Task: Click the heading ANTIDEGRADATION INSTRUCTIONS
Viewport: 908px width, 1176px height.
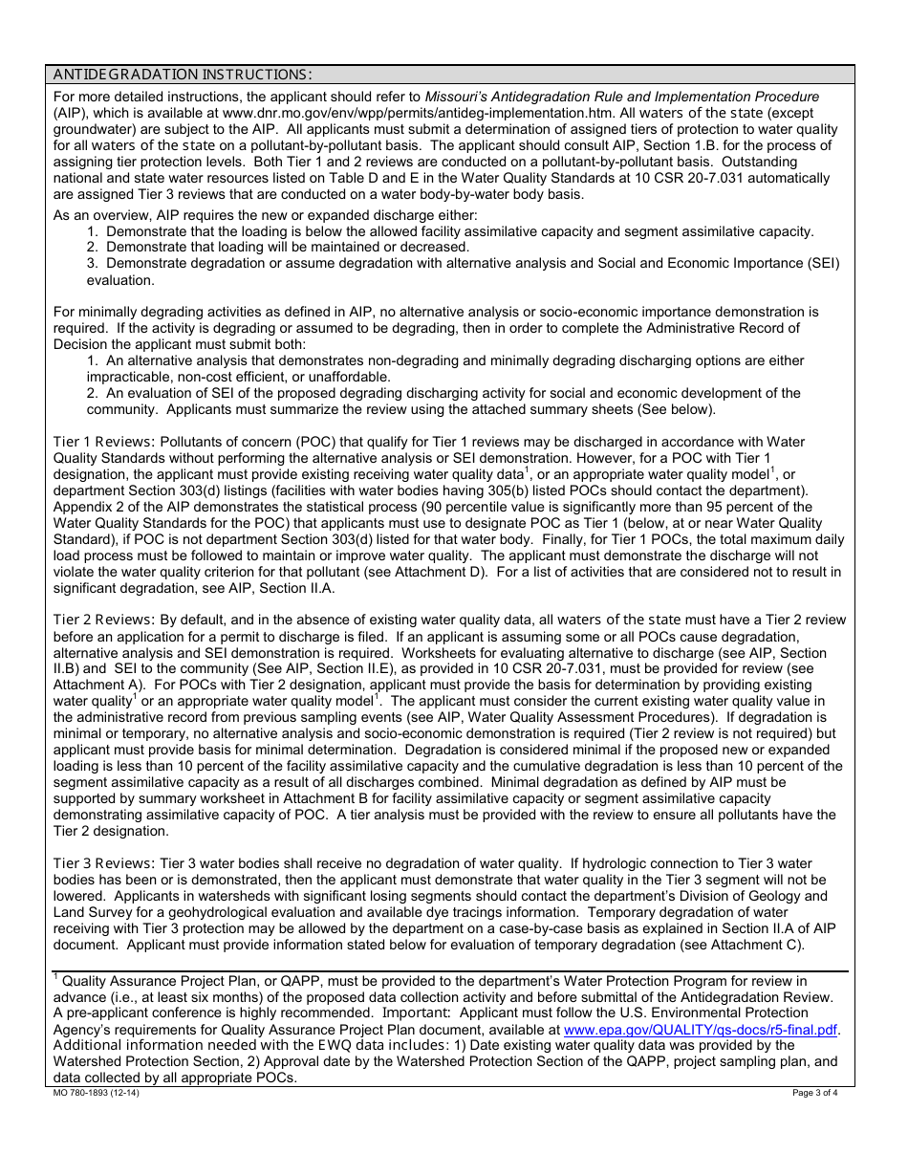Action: click(x=182, y=75)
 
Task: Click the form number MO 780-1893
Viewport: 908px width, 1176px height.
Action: click(x=96, y=1093)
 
